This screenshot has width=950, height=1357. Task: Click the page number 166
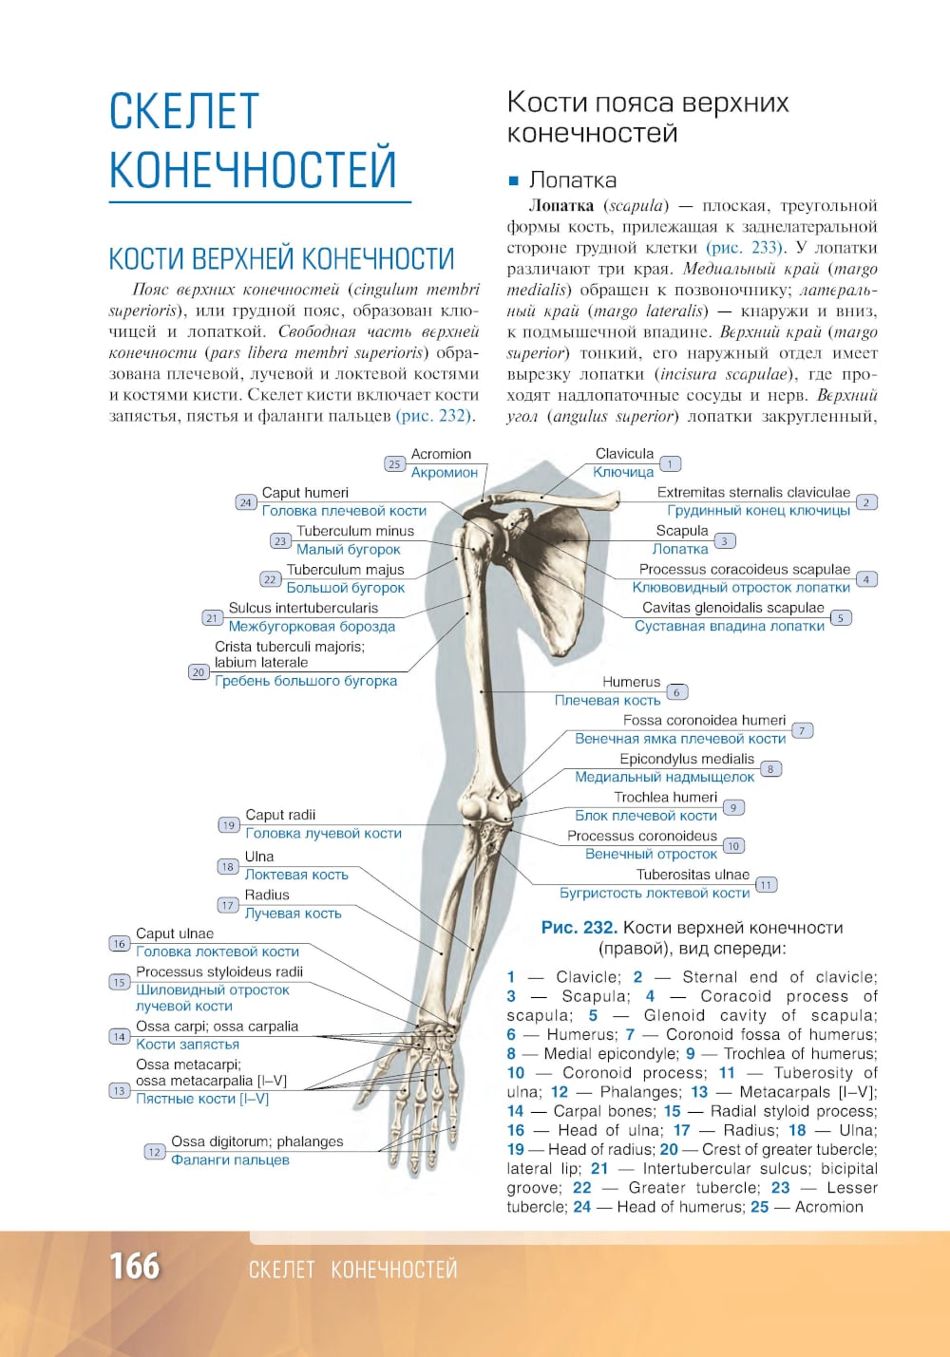(134, 1266)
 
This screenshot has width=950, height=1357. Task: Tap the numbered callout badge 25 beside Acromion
(394, 464)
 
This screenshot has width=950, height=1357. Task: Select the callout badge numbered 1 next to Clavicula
(670, 464)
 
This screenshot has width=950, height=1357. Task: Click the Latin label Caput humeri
(305, 493)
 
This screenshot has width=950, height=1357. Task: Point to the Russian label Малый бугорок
(348, 550)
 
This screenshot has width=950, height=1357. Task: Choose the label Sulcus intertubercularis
(303, 608)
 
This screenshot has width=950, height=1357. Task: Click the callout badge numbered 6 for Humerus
(676, 692)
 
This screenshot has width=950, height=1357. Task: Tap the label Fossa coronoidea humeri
(704, 721)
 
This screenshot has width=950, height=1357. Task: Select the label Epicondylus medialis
(686, 759)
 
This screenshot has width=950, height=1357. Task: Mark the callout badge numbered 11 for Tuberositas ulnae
(766, 885)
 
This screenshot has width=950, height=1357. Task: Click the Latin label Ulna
(259, 857)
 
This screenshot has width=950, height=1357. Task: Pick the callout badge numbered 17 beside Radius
(228, 905)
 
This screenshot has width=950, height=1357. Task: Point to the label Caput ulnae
(175, 933)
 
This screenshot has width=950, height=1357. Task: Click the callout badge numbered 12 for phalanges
(154, 1152)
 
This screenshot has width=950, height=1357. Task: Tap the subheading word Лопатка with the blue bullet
(572, 180)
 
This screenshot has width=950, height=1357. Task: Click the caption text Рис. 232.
(579, 928)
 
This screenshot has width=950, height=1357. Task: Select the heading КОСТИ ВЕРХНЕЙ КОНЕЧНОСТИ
(281, 258)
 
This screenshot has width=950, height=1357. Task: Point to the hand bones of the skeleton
(432, 1092)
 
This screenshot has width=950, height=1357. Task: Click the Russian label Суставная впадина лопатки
(729, 626)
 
